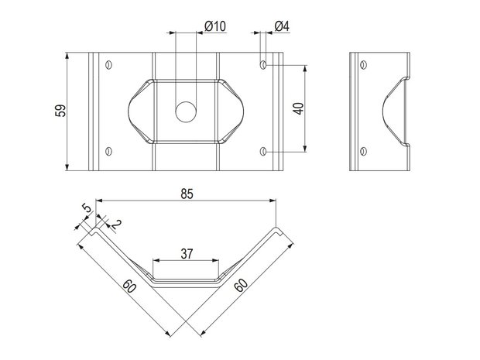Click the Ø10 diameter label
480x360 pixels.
[215, 26]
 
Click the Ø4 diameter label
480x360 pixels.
[282, 26]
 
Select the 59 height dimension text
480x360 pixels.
[60, 111]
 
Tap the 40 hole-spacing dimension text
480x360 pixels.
[299, 108]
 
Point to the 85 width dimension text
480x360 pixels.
[187, 194]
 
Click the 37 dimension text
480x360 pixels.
[187, 253]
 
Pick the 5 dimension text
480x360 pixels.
[87, 208]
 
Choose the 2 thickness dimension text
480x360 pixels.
[116, 224]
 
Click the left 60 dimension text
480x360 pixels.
[129, 286]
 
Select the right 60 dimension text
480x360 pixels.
[241, 286]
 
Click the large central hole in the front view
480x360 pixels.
[186, 111]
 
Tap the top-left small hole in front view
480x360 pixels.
[108, 65]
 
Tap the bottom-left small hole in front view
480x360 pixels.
[108, 151]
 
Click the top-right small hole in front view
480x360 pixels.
[263, 65]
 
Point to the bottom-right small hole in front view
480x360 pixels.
[263, 151]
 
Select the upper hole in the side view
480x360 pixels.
[363, 65]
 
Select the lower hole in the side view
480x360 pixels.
[363, 151]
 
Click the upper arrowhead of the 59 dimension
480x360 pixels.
[67, 56]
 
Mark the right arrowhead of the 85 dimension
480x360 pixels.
[273, 201]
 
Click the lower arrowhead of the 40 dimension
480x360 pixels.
[304, 148]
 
